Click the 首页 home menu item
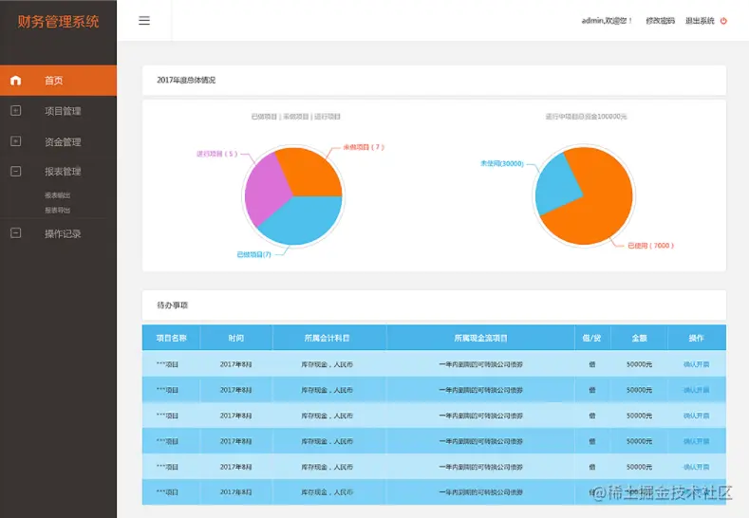click(53, 81)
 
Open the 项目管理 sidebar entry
click(63, 111)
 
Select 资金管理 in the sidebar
click(63, 142)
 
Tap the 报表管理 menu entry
click(63, 172)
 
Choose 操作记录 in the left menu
click(63, 233)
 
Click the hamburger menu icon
click(144, 21)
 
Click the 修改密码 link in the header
click(661, 21)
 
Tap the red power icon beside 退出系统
click(724, 21)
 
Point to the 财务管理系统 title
click(58, 21)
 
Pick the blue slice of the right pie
click(556, 185)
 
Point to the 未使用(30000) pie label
click(501, 163)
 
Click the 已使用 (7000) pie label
click(651, 246)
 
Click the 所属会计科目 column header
click(328, 338)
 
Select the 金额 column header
click(640, 338)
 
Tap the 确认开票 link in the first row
click(696, 364)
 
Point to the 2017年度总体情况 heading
click(186, 81)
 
